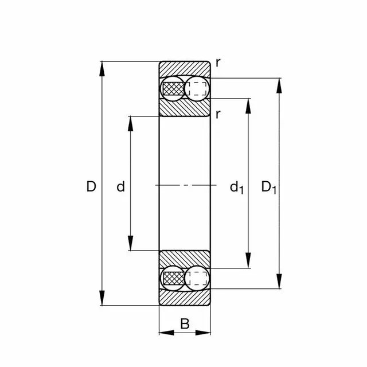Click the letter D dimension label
pyautogui.click(x=91, y=186)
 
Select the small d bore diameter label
pyautogui.click(x=120, y=186)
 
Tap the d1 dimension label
pyautogui.click(x=237, y=188)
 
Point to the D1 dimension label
pyautogui.click(x=269, y=188)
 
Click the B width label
pyautogui.click(x=185, y=324)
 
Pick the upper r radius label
pyautogui.click(x=218, y=63)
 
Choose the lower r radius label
pyautogui.click(x=218, y=114)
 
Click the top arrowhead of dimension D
pyautogui.click(x=102, y=69)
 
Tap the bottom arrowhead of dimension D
pyautogui.click(x=102, y=298)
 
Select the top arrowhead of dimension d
pyautogui.click(x=130, y=123)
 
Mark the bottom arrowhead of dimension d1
pyautogui.click(x=248, y=260)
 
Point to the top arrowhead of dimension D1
pyautogui.click(x=279, y=85)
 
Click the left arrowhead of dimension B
pyautogui.click(x=167, y=333)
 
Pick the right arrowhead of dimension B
pyautogui.click(x=202, y=333)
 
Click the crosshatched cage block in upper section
pyautogui.click(x=174, y=89)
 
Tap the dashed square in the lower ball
pyautogui.click(x=197, y=278)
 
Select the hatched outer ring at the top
pyautogui.click(x=185, y=69)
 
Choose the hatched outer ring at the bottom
pyautogui.click(x=185, y=298)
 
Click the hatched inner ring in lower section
pyautogui.click(x=185, y=259)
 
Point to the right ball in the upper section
pyautogui.click(x=196, y=88)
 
